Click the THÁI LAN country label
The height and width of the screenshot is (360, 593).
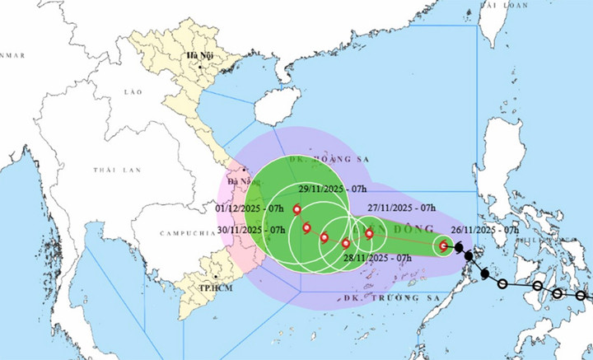113,169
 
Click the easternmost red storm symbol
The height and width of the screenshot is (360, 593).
444,245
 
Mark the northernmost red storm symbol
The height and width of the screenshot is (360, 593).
296,198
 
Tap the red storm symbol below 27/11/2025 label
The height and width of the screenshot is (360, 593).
369,233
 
